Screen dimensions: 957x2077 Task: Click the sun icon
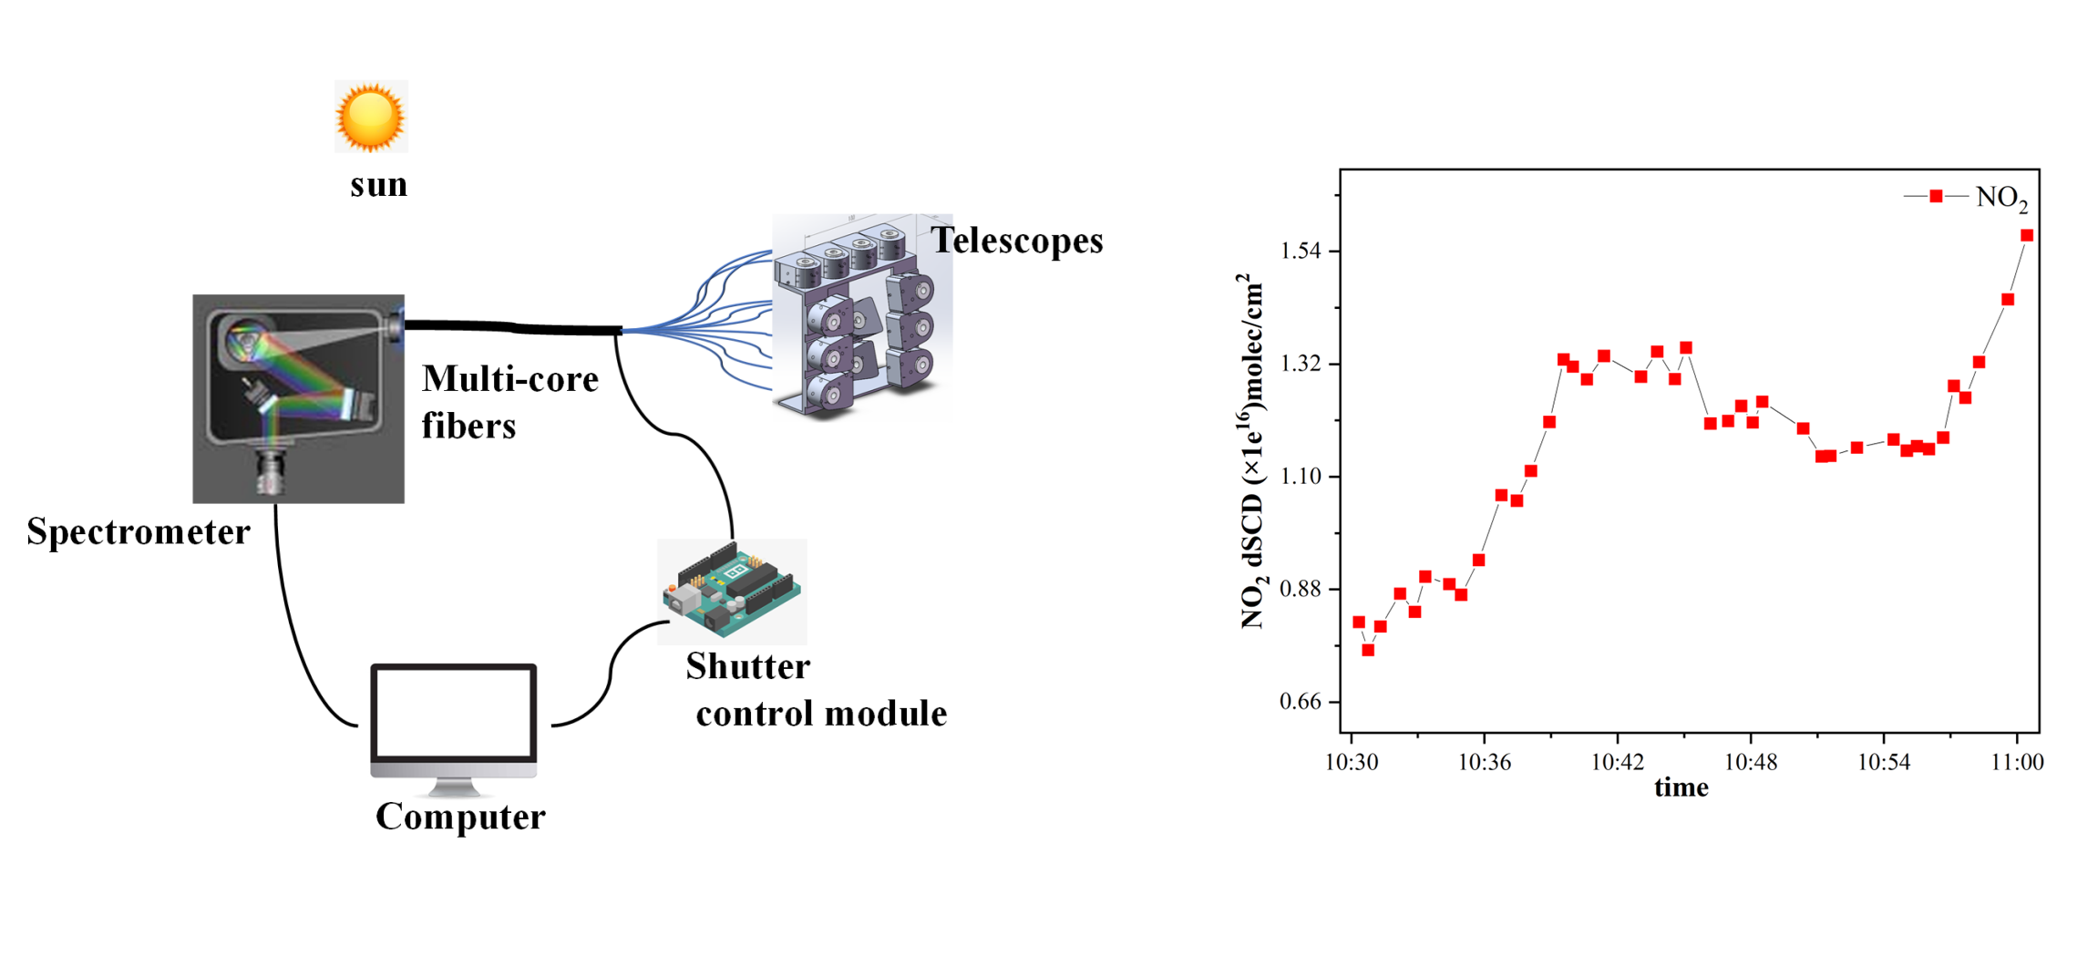[x=370, y=117]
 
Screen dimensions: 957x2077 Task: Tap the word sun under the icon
[x=378, y=185]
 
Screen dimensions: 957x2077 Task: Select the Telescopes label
[x=1016, y=241]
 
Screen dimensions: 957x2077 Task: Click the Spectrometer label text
[x=139, y=532]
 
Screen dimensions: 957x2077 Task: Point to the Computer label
[x=460, y=817]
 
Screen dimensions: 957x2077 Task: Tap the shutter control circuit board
[x=732, y=591]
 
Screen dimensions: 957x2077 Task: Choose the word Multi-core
[x=510, y=379]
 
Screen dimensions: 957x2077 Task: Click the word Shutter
[x=747, y=667]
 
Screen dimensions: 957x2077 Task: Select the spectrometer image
[x=298, y=398]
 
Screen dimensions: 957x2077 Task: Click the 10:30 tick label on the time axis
[x=1351, y=763]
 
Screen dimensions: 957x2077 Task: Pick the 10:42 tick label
[x=1618, y=763]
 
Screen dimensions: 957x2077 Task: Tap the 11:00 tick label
[x=2017, y=763]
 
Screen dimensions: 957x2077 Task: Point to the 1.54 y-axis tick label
[x=1301, y=252]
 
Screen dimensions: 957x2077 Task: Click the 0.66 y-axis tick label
[x=1301, y=702]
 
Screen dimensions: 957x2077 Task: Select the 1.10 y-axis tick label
[x=1301, y=477]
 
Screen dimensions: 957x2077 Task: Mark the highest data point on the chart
[x=2027, y=235]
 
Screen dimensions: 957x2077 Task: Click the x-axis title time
[x=1681, y=787]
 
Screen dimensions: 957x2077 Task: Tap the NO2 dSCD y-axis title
[x=1252, y=451]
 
